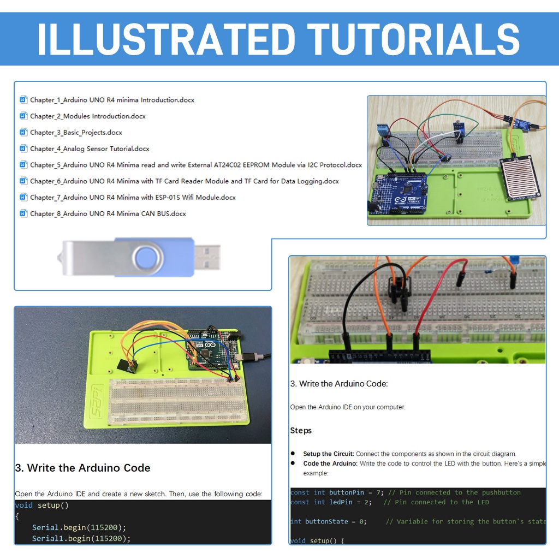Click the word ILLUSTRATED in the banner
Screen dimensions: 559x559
coord(166,39)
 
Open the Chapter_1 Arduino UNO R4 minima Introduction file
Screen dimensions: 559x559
coord(112,100)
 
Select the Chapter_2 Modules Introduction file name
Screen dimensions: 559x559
coord(88,116)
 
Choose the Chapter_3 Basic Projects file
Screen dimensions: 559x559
coord(76,133)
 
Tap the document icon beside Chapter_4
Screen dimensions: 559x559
coord(23,148)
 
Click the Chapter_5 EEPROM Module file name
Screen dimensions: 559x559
coord(196,165)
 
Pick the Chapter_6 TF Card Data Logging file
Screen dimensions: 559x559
coord(185,181)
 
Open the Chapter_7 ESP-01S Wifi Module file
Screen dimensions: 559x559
coord(133,198)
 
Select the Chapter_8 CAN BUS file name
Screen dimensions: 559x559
coord(108,213)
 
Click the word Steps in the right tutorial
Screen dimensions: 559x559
coord(301,431)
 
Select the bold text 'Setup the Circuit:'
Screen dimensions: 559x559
coord(328,454)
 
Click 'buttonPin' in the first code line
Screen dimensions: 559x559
coord(347,493)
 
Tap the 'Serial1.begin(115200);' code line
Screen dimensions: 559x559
coord(81,538)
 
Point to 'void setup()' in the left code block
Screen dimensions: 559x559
coord(41,505)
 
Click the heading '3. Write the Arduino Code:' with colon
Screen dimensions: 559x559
coord(339,384)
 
